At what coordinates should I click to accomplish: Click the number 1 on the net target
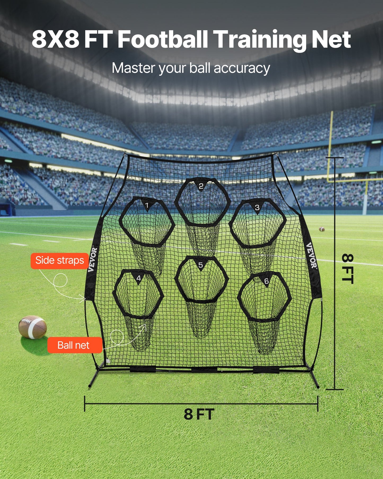[x=147, y=205]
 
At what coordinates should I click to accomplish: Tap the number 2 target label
[x=201, y=186]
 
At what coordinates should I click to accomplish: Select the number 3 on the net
[x=257, y=207]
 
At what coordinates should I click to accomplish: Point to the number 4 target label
[x=139, y=278]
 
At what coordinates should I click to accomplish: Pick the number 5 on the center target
[x=201, y=265]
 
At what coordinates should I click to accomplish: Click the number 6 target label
[x=266, y=281]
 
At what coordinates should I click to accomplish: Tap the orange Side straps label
[x=60, y=261]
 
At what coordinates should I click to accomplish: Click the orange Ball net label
[x=74, y=345]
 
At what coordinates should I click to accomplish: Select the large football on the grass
[x=33, y=327]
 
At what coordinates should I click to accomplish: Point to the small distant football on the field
[x=322, y=229]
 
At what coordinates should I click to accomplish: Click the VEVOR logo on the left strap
[x=93, y=259]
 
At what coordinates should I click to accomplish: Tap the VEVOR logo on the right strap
[x=311, y=255]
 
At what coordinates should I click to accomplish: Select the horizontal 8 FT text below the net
[x=199, y=414]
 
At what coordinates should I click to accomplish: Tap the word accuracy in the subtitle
[x=242, y=68]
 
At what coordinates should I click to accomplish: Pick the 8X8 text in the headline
[x=55, y=40]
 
